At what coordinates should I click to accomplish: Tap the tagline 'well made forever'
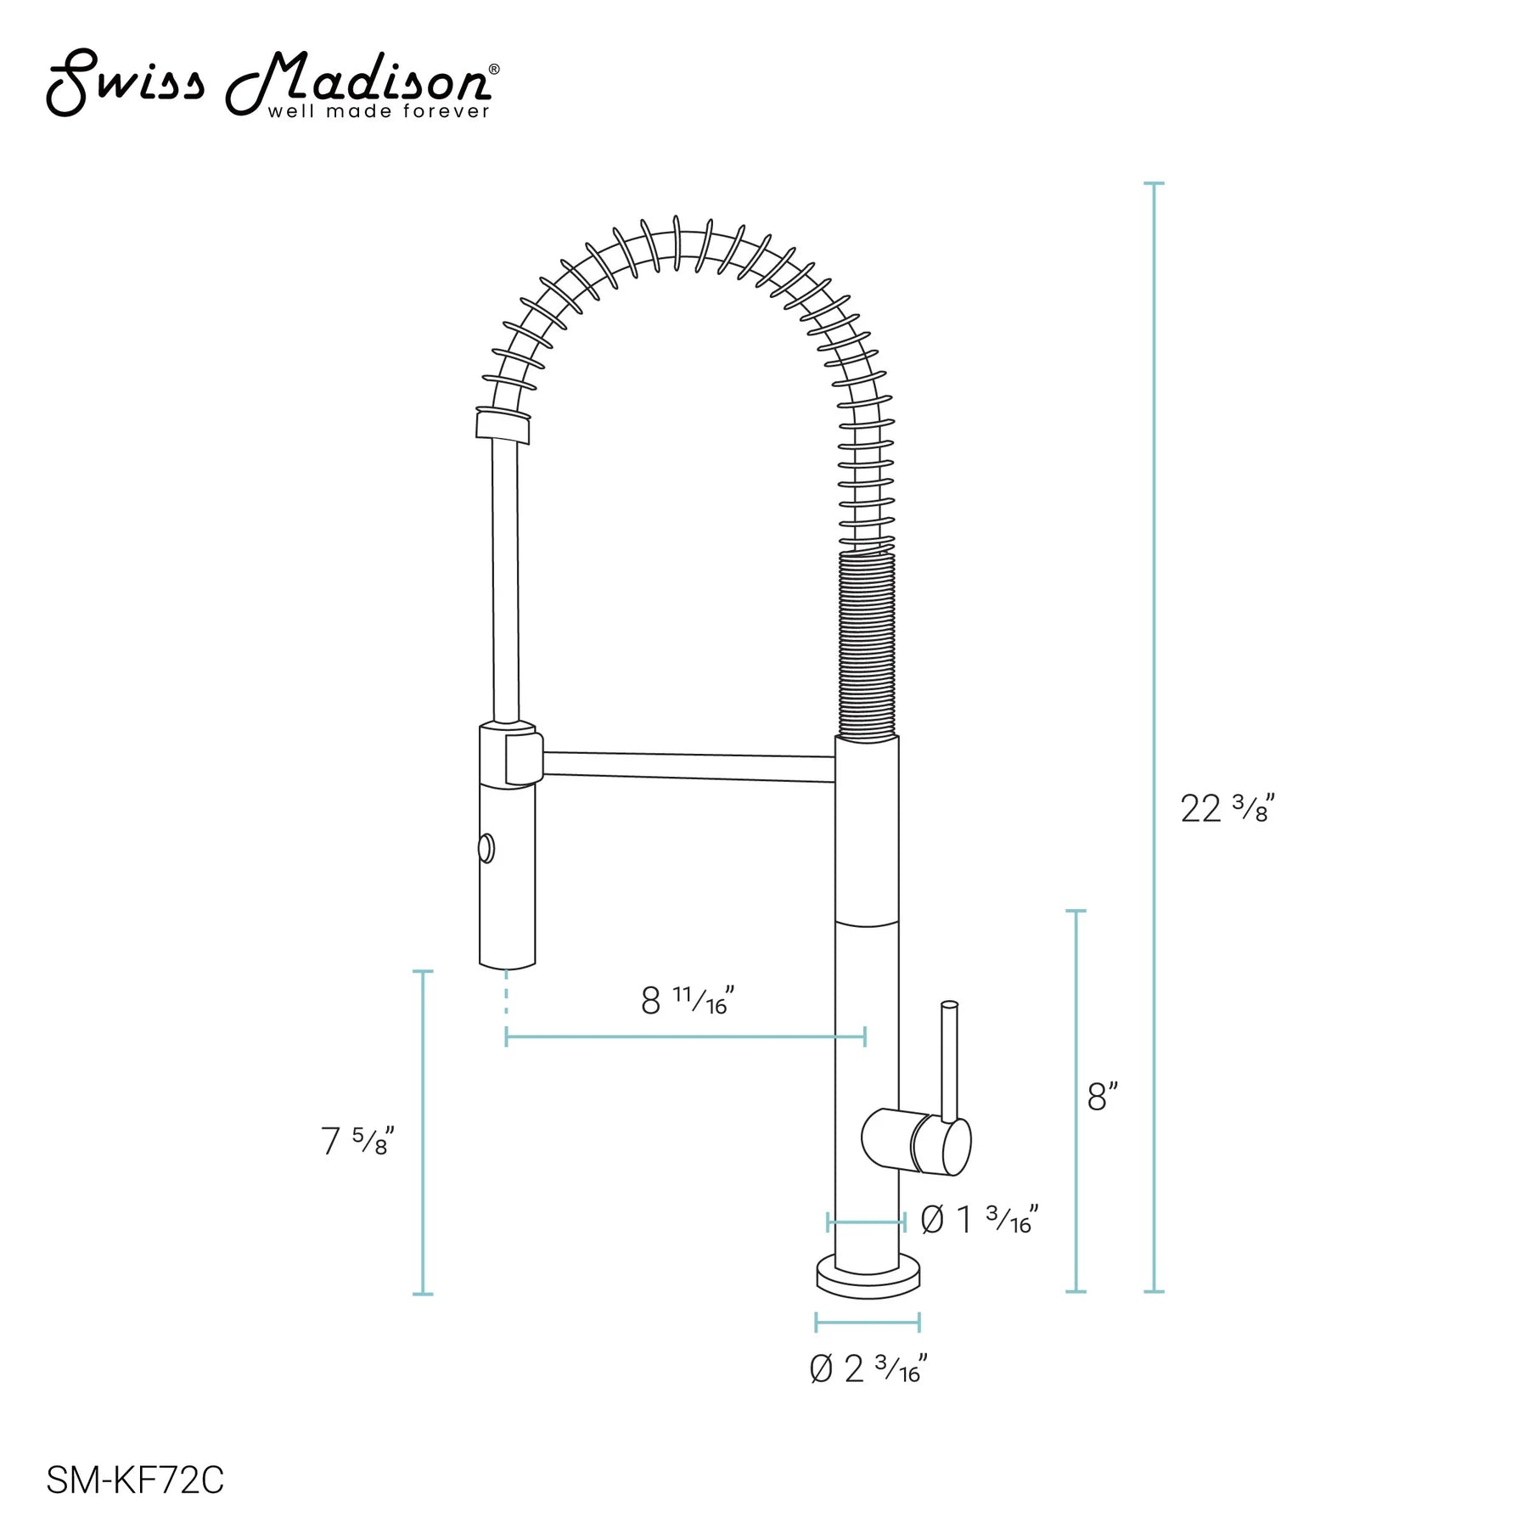click(x=379, y=111)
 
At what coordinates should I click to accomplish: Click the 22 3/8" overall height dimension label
click(x=1227, y=807)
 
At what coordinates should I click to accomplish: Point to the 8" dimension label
click(x=1103, y=1097)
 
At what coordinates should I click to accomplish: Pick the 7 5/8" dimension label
click(x=357, y=1141)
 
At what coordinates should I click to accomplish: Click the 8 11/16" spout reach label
click(x=687, y=1000)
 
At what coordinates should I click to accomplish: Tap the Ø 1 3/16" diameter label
click(x=980, y=1220)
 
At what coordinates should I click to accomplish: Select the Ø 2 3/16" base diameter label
click(x=868, y=1368)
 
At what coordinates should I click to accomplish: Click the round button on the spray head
click(x=486, y=849)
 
